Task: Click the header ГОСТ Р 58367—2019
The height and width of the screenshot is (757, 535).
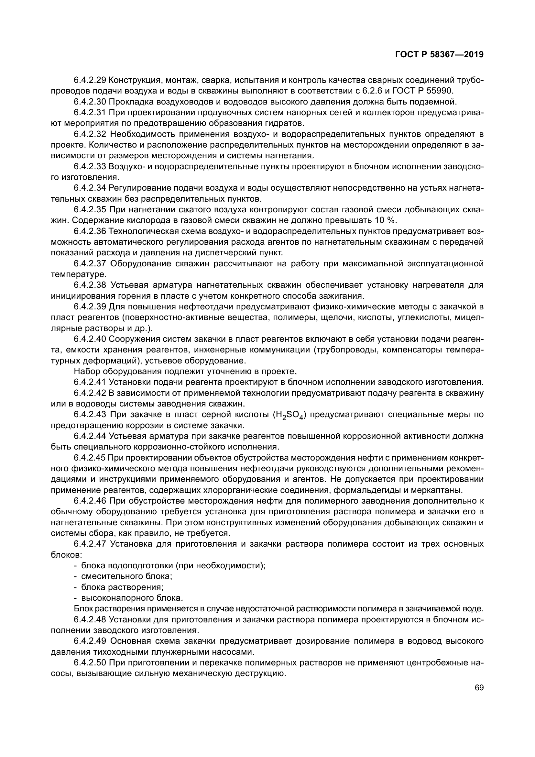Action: point(439,55)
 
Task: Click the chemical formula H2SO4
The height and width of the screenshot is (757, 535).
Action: point(289,415)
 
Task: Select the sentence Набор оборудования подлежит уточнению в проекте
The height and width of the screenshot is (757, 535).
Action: point(185,372)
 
